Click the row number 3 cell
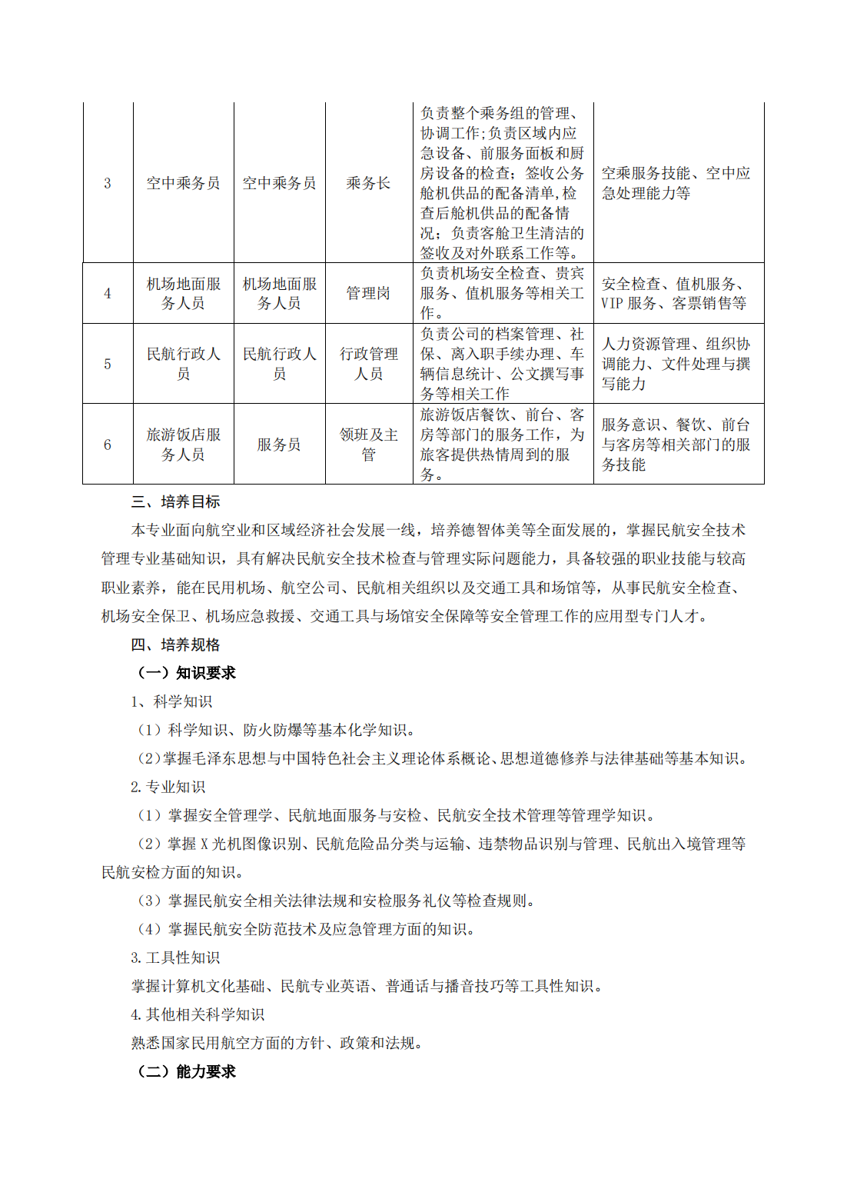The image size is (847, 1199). point(108,183)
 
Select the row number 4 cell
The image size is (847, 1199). point(108,293)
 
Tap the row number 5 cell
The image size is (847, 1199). point(108,364)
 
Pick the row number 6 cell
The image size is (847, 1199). point(108,445)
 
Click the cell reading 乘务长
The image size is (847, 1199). point(368,183)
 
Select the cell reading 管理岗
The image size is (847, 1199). point(368,293)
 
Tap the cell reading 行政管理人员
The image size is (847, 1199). point(369,364)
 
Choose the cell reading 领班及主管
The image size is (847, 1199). point(369,445)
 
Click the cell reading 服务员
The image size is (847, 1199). point(279,445)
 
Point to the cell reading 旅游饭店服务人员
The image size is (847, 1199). point(184,445)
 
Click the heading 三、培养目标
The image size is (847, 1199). point(175,502)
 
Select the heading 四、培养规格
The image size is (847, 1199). point(175,644)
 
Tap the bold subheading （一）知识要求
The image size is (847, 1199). point(186,673)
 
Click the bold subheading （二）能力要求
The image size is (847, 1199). point(186,1071)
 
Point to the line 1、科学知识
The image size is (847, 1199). point(171,701)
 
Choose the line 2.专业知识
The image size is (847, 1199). point(168,787)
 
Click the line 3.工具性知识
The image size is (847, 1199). point(175,958)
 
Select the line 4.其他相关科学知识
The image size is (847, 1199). point(198,1014)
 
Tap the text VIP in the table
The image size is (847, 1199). point(612,304)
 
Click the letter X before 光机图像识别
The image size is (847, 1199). point(204,844)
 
